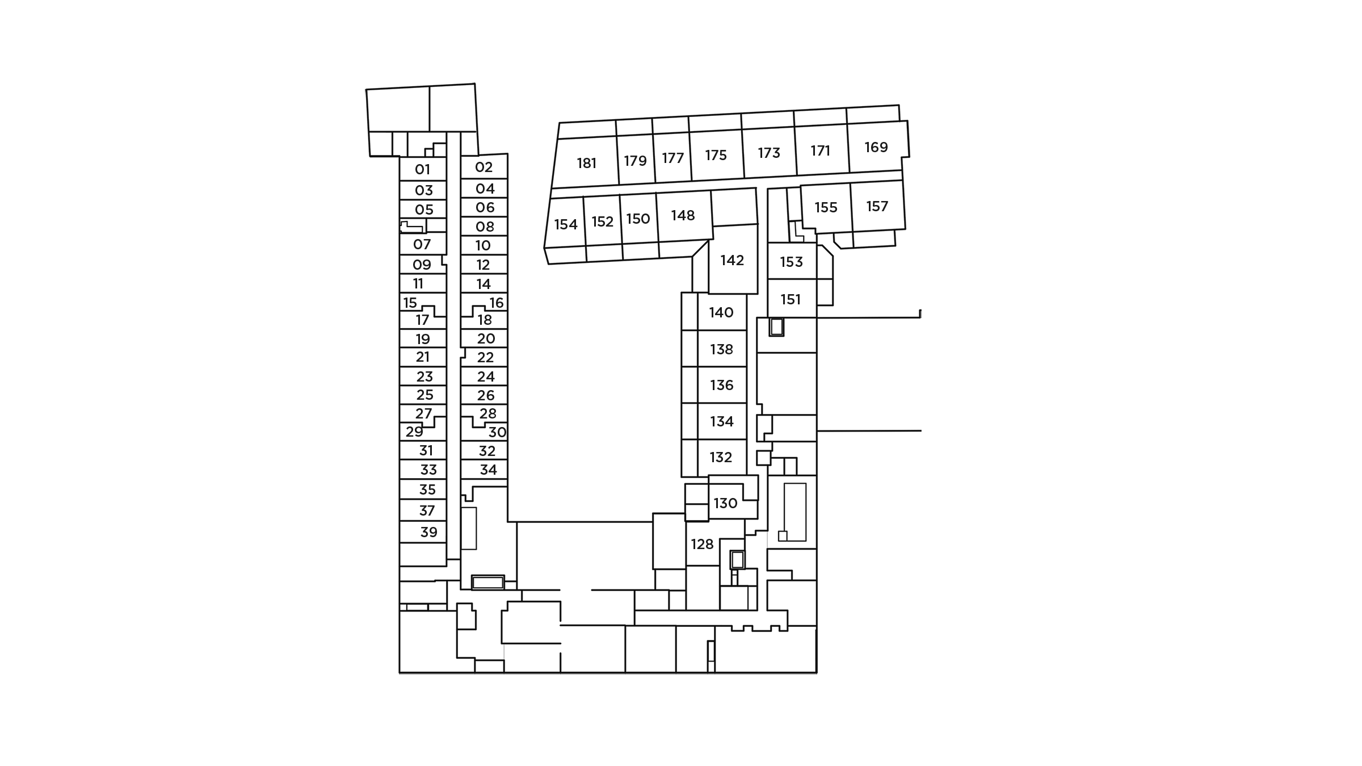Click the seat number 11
tap(418, 284)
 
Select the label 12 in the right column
tap(483, 265)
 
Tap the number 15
tap(410, 303)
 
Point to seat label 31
tap(426, 451)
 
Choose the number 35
tap(427, 489)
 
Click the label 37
tap(427, 511)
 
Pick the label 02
tap(484, 168)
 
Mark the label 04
tap(485, 189)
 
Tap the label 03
tap(424, 190)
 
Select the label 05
tap(424, 210)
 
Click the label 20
tap(486, 339)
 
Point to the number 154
tap(565, 225)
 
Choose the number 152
tap(602, 222)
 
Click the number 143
tap(769, 153)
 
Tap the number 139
tap(876, 148)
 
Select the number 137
tap(877, 207)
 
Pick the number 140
tap(721, 313)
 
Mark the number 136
tap(721, 386)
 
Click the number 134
tap(721, 422)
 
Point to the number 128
tap(702, 545)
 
